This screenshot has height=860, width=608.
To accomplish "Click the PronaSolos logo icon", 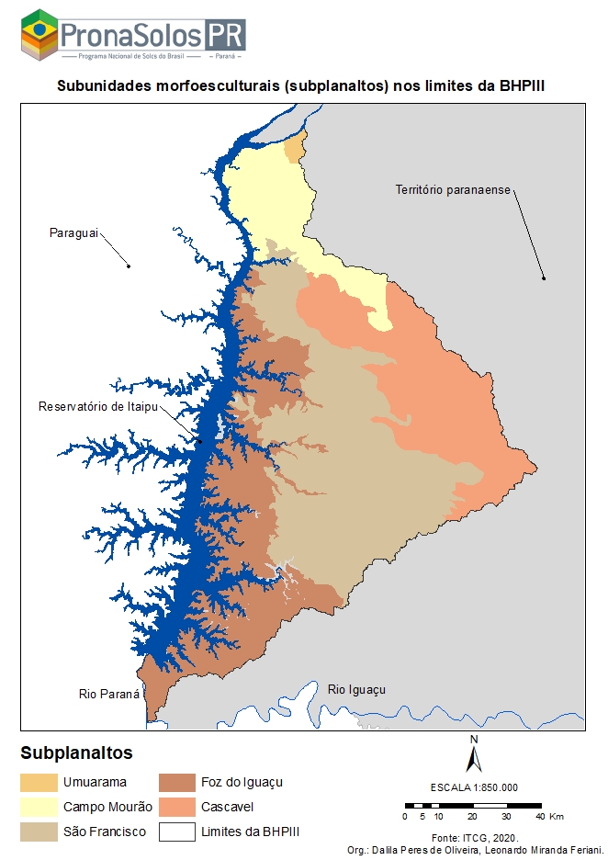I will tap(39, 35).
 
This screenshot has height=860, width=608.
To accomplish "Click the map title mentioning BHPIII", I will tap(308, 85).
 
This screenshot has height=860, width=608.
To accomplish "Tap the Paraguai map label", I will tap(73, 233).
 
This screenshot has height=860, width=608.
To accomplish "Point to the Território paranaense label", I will tap(452, 190).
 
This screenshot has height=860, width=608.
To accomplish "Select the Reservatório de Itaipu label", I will tap(95, 406).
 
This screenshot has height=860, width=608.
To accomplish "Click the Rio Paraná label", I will tap(109, 695).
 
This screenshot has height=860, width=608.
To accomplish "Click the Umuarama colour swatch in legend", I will tap(39, 783).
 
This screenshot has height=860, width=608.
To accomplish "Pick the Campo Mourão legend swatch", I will tap(39, 807).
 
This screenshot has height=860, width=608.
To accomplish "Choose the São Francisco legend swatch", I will tap(39, 832).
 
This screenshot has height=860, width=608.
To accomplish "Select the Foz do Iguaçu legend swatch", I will tap(176, 783).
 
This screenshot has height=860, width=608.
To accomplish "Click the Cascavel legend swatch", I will tap(176, 807).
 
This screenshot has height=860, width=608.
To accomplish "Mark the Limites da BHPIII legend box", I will tap(176, 832).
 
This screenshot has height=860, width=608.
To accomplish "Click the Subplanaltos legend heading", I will tap(76, 753).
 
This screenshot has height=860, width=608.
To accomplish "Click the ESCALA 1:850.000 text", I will tap(474, 787).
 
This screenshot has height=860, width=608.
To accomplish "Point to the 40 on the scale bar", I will tap(541, 816).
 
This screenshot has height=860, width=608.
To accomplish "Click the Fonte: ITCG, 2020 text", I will tap(474, 838).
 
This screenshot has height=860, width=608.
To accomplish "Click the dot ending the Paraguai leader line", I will tap(129, 266).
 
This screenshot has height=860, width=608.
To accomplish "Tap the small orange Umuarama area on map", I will tap(294, 149).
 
